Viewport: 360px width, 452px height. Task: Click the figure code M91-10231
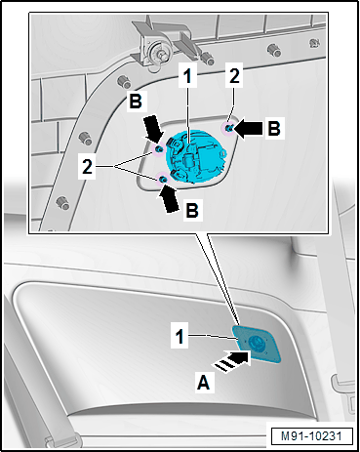click(x=311, y=436)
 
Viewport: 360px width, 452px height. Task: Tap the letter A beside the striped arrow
click(x=204, y=383)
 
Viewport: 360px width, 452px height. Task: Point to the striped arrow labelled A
click(x=232, y=360)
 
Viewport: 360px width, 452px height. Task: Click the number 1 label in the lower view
click(x=180, y=336)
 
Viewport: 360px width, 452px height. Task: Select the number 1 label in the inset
click(x=187, y=76)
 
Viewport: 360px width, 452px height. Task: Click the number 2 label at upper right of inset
click(x=234, y=75)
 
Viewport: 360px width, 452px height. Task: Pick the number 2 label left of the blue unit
click(x=87, y=167)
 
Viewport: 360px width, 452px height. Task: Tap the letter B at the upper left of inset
click(x=136, y=101)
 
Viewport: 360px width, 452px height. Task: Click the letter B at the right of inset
click(x=274, y=128)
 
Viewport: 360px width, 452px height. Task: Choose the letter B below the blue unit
click(x=192, y=210)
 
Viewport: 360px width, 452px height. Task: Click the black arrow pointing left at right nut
click(x=249, y=128)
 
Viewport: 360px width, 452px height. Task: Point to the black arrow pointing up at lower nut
click(x=170, y=198)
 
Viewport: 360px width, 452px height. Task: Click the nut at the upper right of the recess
click(x=229, y=128)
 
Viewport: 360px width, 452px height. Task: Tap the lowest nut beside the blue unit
click(x=163, y=179)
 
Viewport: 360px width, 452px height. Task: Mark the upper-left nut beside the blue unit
click(x=158, y=149)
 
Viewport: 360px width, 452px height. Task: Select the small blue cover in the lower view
click(x=257, y=344)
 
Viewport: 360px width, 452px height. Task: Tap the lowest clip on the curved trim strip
click(x=62, y=203)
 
